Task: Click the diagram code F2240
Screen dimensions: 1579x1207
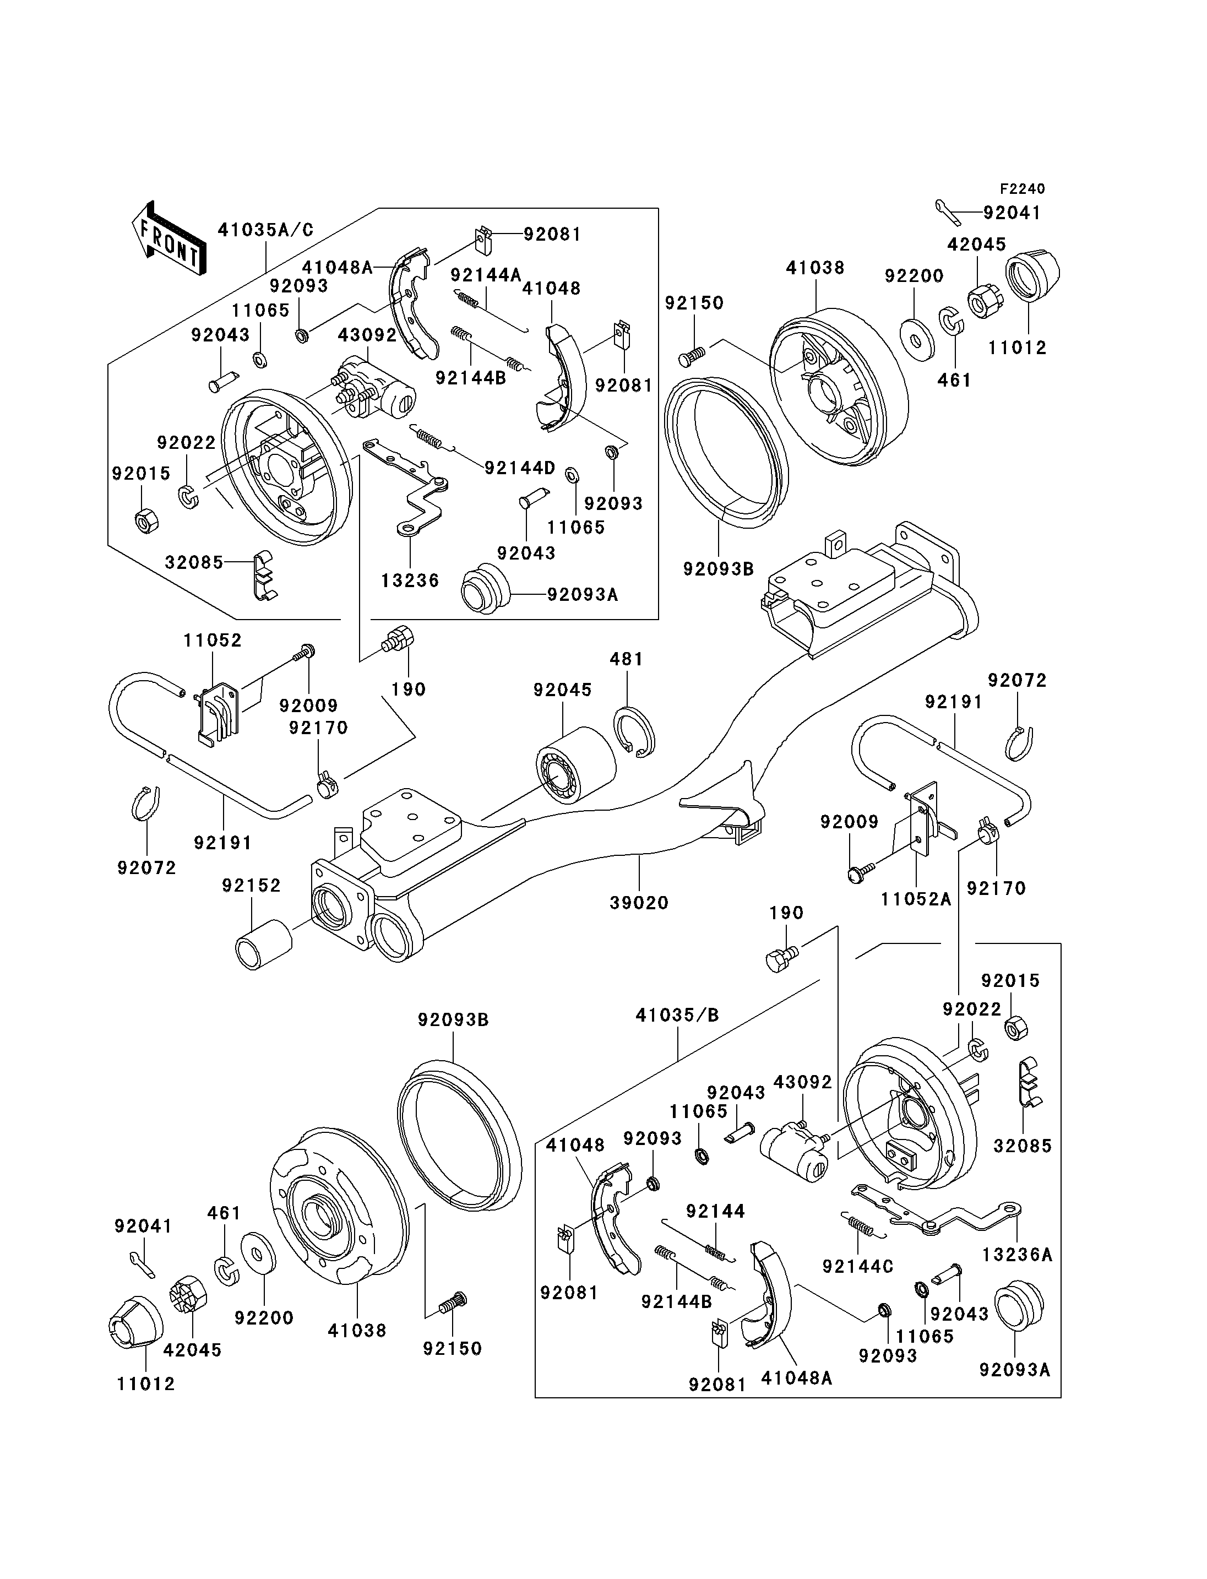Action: click(x=1023, y=189)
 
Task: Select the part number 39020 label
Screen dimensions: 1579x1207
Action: click(x=639, y=903)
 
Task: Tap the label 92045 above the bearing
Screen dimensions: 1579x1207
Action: click(x=563, y=690)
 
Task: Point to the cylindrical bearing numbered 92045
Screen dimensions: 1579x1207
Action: click(x=576, y=768)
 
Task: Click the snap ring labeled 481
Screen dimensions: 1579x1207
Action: click(x=634, y=731)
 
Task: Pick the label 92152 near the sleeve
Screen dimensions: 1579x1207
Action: click(x=251, y=886)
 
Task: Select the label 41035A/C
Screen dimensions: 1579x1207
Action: click(x=266, y=230)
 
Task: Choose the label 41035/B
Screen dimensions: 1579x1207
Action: click(x=677, y=1015)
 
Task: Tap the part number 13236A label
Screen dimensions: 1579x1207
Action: click(x=1016, y=1254)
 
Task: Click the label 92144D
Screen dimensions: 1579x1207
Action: click(x=519, y=469)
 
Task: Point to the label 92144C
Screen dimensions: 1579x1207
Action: click(x=858, y=1266)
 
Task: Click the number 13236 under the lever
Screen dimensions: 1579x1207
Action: click(x=410, y=580)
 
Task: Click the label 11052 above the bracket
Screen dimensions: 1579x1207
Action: click(x=213, y=639)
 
